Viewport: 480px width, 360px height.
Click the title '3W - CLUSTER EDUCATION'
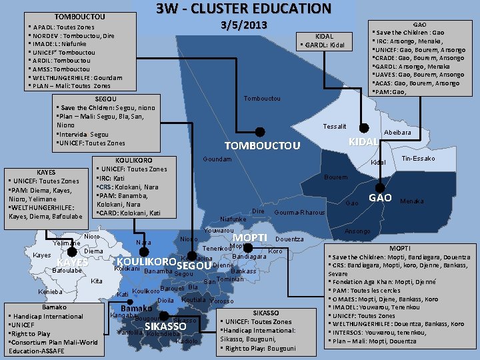[x=243, y=9]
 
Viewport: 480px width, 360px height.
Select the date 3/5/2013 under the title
[x=243, y=25]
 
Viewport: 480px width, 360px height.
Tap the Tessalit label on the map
[x=334, y=127]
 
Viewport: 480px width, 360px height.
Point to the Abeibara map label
[x=397, y=133]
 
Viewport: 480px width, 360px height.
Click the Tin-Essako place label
[x=418, y=159]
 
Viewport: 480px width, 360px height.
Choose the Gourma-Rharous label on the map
[x=299, y=213]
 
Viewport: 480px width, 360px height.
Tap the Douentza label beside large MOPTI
[x=289, y=239]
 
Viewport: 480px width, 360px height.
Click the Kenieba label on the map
[x=50, y=292]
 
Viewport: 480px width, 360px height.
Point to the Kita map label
[x=97, y=281]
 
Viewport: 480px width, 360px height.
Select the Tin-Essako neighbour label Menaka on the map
[x=411, y=201]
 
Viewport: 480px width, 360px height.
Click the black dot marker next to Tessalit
[x=363, y=127]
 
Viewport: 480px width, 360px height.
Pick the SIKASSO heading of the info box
[x=266, y=313]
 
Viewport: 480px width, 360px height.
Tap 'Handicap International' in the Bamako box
[x=47, y=316]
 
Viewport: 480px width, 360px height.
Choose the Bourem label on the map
[x=335, y=177]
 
